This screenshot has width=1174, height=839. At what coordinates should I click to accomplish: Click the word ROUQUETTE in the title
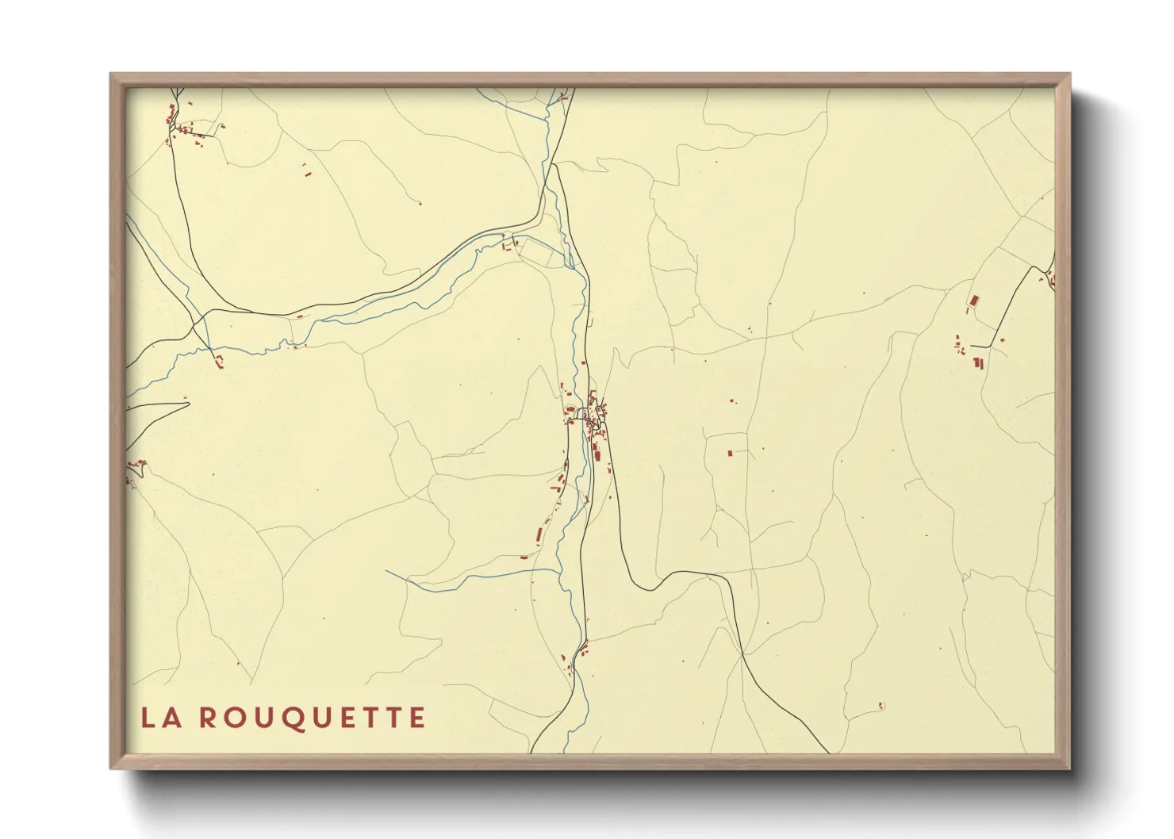coord(311,718)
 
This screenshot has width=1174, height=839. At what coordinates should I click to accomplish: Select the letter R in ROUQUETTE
coord(207,718)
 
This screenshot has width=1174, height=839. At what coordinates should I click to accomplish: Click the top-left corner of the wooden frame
coord(111,75)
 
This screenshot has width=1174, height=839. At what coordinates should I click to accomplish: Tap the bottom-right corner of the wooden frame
coord(1069,768)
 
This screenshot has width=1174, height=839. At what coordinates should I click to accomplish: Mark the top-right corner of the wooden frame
coord(1069,75)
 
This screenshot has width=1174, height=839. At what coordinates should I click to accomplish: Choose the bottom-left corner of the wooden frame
coord(111,768)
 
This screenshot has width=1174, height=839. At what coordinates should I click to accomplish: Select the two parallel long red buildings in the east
coord(978,363)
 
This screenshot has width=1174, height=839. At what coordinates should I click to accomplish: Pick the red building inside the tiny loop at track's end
coord(881,705)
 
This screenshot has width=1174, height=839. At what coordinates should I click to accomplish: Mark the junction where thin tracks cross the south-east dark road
coord(742,653)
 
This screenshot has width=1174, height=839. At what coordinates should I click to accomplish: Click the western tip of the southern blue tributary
coord(387,572)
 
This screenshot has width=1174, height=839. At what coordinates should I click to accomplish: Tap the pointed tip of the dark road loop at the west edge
coord(189,404)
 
